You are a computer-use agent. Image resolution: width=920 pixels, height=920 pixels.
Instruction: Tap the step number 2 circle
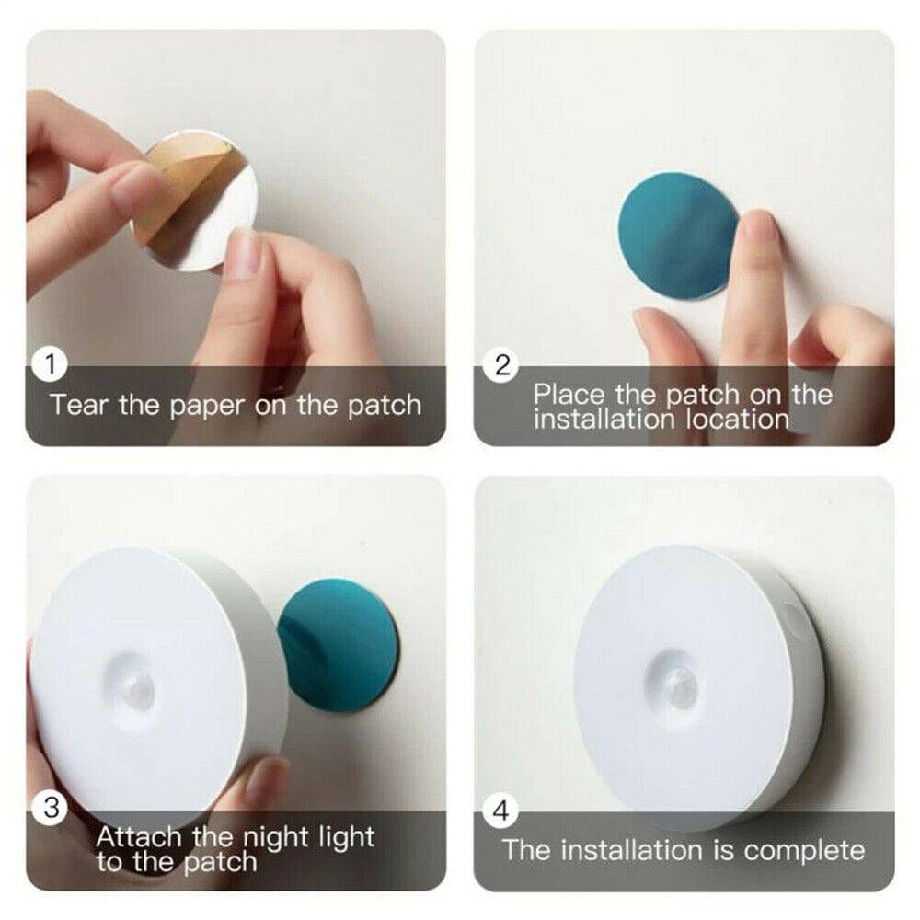pos(502,365)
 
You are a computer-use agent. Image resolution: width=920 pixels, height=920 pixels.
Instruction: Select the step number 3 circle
pos(52,808)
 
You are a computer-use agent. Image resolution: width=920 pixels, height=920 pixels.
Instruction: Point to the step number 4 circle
pos(502,811)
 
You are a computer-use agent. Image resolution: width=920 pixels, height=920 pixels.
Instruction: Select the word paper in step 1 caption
pos(202,405)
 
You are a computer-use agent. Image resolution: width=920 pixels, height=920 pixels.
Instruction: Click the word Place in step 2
pos(570,396)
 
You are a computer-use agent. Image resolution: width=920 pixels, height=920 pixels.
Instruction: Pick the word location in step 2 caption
pos(737,420)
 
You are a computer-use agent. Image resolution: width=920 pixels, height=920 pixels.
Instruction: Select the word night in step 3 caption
pos(275,838)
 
